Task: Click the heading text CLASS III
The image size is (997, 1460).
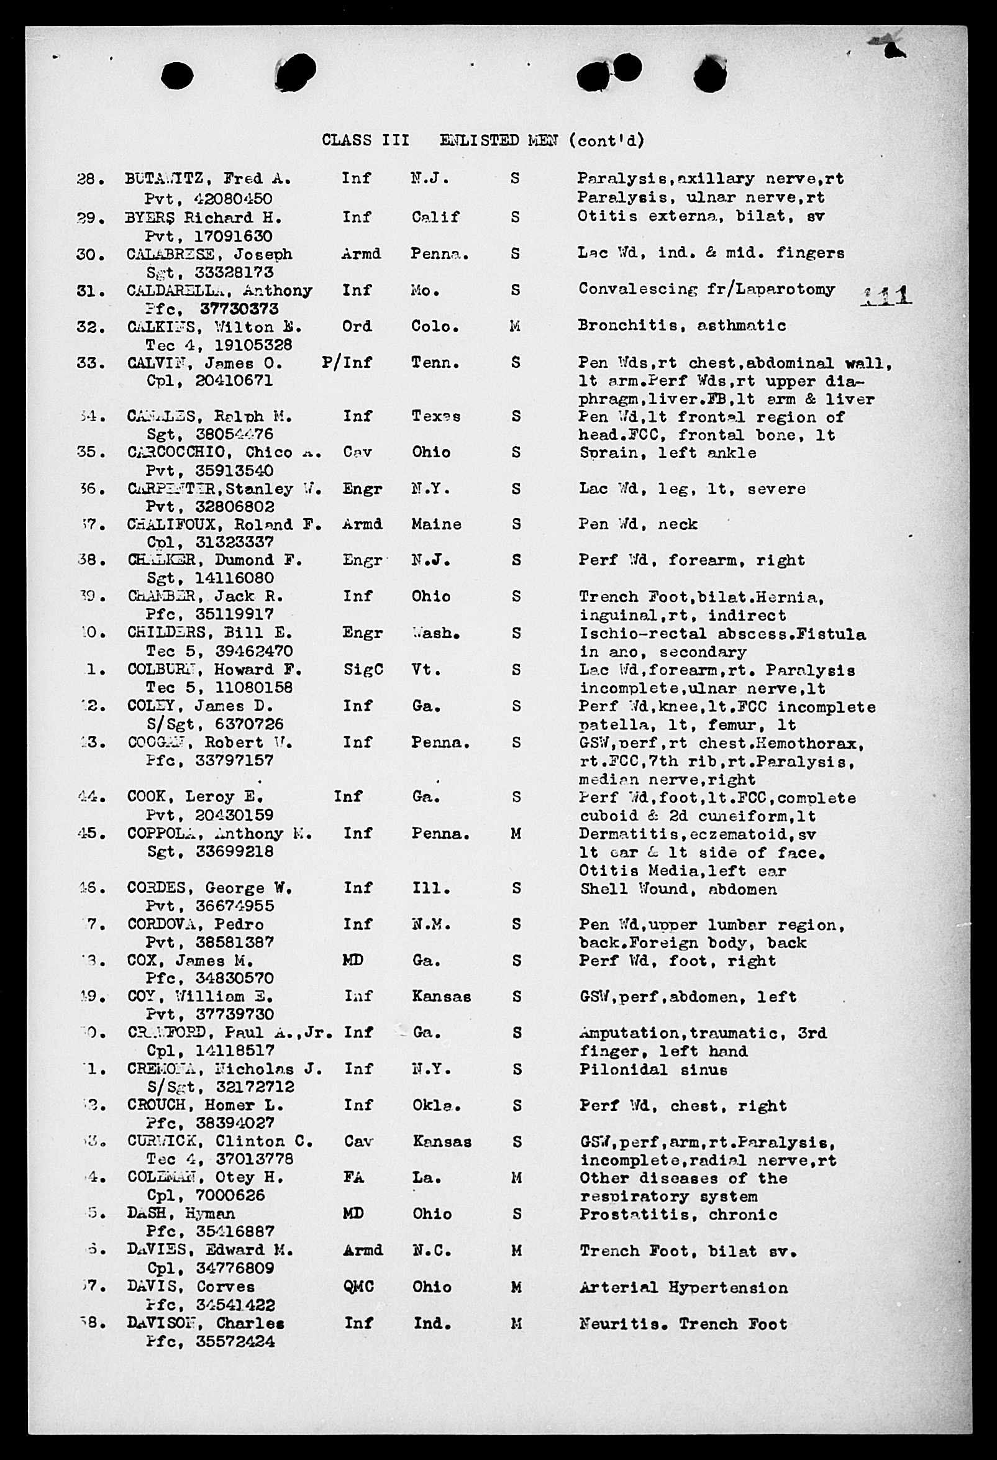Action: pyautogui.click(x=365, y=140)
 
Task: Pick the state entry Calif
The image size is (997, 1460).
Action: pyautogui.click(x=435, y=217)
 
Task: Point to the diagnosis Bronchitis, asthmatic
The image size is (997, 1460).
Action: pyautogui.click(x=681, y=326)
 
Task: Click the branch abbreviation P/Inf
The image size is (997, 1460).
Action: pyautogui.click(x=346, y=362)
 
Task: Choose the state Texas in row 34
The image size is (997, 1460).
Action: pyautogui.click(x=435, y=416)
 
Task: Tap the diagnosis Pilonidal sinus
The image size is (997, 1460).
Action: pyautogui.click(x=653, y=1069)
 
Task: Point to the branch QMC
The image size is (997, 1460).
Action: pyautogui.click(x=358, y=1287)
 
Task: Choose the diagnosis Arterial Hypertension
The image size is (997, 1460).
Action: pyautogui.click(x=683, y=1288)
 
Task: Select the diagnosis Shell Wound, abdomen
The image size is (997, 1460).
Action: pyautogui.click(x=678, y=889)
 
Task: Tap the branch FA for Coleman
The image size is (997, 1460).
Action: pyautogui.click(x=353, y=1178)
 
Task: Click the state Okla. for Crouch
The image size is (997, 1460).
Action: pyautogui.click(x=436, y=1106)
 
